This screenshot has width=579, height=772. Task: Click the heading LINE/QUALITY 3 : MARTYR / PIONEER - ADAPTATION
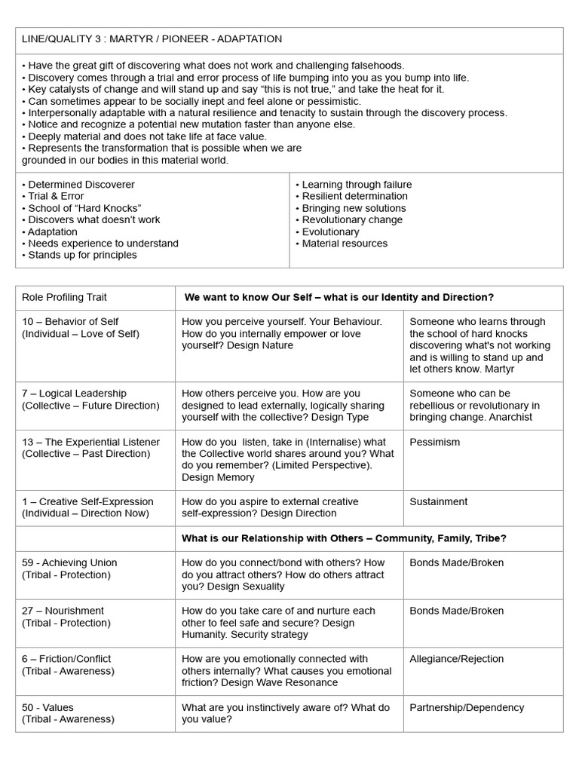pos(152,38)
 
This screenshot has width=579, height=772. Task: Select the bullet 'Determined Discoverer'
pos(81,185)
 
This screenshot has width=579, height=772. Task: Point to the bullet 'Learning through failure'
pos(357,185)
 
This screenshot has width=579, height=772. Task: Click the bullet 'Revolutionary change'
pos(352,220)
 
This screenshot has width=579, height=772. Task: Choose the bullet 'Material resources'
pos(345,244)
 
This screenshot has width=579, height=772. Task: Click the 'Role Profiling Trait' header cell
pos(64,298)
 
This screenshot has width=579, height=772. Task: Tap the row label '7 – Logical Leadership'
pos(74,394)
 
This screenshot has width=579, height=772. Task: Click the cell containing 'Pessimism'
pos(434,442)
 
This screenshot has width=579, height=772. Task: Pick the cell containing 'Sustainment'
pos(438,501)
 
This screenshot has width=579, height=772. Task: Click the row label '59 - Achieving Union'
pos(69,562)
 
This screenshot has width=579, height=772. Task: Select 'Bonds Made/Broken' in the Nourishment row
pos(456,611)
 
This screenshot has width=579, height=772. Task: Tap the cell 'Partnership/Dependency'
pos(466,708)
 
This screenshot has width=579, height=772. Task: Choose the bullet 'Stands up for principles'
pos(82,256)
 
